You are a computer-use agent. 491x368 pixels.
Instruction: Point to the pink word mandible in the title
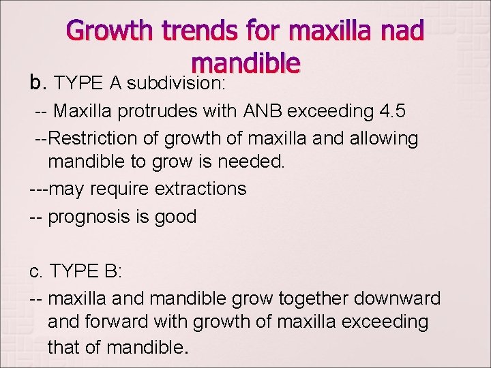[245, 63]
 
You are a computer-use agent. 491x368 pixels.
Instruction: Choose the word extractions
[200, 189]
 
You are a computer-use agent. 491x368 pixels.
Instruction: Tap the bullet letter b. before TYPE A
[36, 82]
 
